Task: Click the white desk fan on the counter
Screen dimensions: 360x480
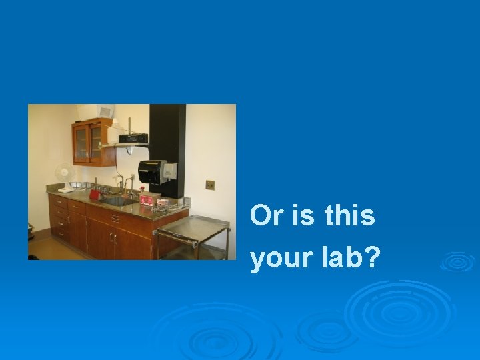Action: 64,173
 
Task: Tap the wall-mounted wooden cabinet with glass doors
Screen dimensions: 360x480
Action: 92,141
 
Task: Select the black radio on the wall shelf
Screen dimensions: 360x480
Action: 133,138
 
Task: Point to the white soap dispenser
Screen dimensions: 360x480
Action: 171,171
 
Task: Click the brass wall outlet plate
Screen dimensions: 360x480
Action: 210,185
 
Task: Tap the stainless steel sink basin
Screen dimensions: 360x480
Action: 117,200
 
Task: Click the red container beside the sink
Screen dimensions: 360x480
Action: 95,195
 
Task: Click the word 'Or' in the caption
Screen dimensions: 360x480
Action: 265,217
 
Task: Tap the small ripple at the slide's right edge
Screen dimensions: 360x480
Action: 457,261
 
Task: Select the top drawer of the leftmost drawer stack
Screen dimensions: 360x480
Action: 59,201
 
